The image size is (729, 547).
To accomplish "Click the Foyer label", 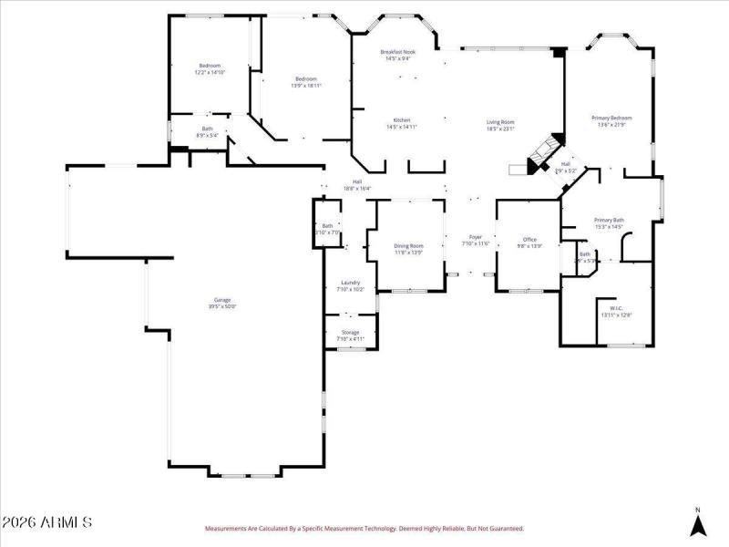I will (476, 240).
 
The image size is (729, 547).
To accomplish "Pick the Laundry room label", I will (351, 285).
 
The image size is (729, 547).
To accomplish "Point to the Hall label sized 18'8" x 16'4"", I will (357, 184).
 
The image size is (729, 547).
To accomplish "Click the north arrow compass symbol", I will (697, 523).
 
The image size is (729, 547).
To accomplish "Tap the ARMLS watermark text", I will (47, 523).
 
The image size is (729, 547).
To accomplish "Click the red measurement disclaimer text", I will (364, 528).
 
